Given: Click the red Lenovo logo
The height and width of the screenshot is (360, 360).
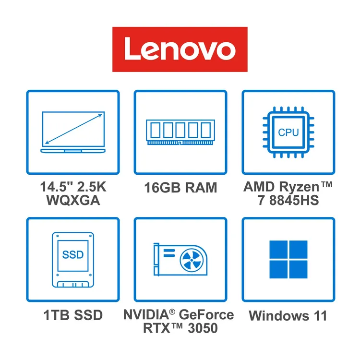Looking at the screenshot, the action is (x=180, y=49).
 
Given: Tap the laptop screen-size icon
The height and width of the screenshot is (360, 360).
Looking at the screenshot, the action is (x=73, y=132).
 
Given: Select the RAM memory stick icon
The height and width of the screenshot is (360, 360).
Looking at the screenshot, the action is (x=180, y=132).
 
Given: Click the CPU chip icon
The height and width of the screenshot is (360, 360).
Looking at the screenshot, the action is (x=288, y=132).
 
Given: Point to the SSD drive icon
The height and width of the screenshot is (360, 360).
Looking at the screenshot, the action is (x=73, y=260).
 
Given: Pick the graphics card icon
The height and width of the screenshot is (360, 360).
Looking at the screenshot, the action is (x=180, y=259).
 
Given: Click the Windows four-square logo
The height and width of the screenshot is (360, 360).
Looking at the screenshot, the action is (x=288, y=259).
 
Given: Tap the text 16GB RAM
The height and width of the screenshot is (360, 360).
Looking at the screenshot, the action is (x=180, y=188).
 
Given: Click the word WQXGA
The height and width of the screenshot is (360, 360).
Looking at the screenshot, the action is (x=73, y=200).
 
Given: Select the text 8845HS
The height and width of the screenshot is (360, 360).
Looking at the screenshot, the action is (x=294, y=200).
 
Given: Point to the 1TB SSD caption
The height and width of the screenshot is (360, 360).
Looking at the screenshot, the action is (x=73, y=315).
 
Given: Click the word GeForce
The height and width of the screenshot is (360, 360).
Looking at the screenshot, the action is (x=206, y=314).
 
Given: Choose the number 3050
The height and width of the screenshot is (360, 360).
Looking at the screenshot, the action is (x=203, y=328).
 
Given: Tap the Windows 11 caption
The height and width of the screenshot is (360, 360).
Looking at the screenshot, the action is (x=288, y=316).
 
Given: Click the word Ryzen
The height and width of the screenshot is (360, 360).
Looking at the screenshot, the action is (x=299, y=188).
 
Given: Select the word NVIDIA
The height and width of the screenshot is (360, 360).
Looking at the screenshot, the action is (x=146, y=314).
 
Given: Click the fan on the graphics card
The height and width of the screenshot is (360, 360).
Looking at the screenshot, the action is (x=192, y=260).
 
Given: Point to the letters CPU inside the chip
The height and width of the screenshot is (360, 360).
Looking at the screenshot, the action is (x=288, y=132).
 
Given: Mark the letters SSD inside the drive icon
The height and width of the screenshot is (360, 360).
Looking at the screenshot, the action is (x=73, y=254).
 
